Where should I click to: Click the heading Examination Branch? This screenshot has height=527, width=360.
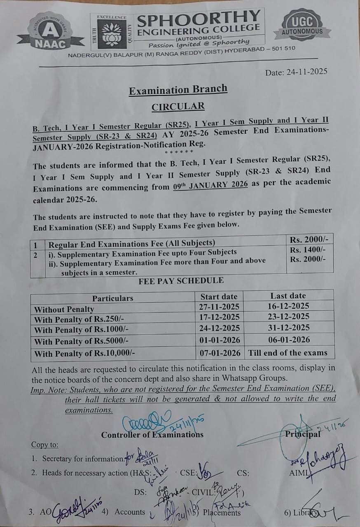tap(178, 89)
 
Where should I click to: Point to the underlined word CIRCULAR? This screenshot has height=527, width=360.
tap(178, 107)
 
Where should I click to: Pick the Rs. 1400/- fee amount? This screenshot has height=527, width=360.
tap(308, 250)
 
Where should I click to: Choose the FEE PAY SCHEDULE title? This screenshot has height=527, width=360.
tap(181, 281)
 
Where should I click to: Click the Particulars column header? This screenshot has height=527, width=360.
tap(113, 298)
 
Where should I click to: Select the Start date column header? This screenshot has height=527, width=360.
tap(219, 296)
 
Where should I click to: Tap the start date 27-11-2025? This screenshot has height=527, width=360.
tap(220, 307)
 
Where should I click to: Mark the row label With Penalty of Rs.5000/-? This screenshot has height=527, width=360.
tap(82, 341)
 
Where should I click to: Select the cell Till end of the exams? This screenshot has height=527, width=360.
tap(288, 353)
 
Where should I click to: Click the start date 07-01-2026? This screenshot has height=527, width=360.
tap(220, 353)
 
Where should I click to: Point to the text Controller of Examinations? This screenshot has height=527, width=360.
tap(152, 435)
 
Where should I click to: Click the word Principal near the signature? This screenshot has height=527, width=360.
tap(302, 434)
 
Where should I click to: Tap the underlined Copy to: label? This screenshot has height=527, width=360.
tap(45, 445)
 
